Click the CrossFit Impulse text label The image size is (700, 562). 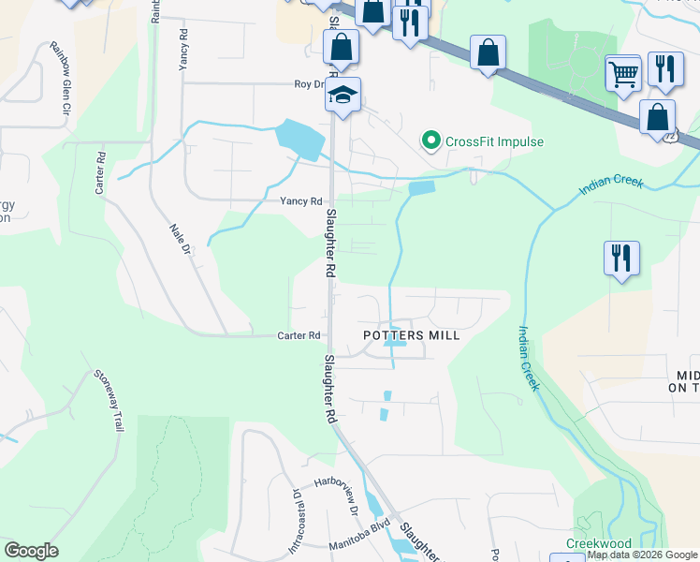(x=494, y=141)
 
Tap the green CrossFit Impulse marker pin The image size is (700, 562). (x=431, y=141)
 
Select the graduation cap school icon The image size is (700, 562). (x=343, y=95)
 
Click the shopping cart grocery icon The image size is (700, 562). (x=623, y=71)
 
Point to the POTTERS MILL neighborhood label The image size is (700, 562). (x=412, y=335)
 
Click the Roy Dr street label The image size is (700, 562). (x=309, y=83)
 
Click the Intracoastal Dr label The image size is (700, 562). (x=292, y=519)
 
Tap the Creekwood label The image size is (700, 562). (x=598, y=543)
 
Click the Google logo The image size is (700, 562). (x=31, y=551)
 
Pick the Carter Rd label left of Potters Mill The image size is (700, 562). (x=299, y=335)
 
